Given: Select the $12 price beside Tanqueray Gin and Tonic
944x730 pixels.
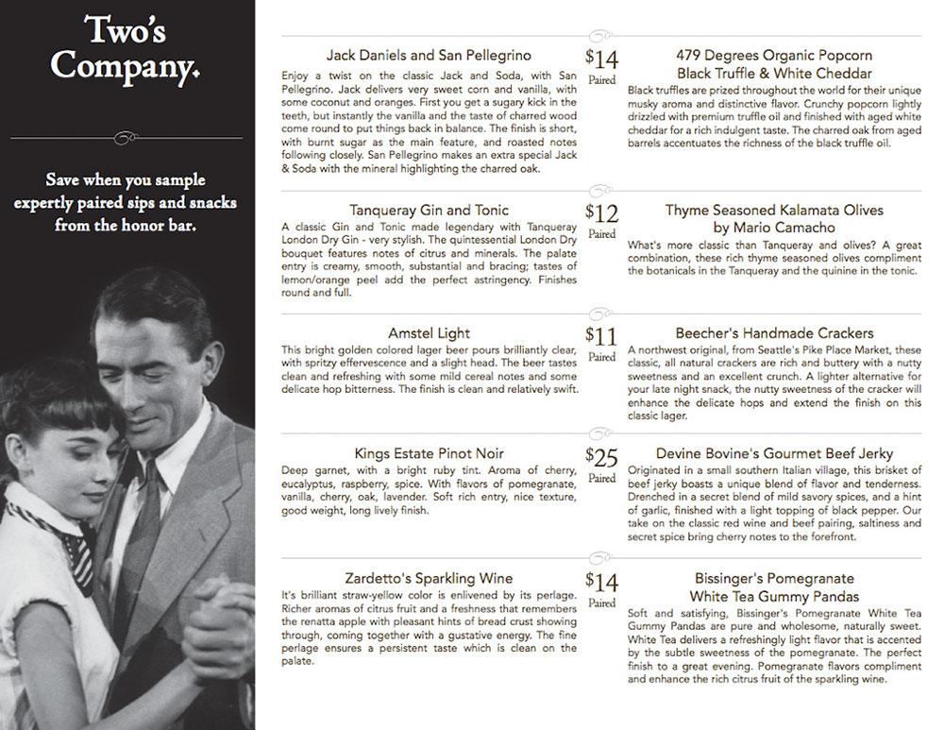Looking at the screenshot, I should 601,213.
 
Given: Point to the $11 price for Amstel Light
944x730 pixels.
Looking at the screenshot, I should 601,337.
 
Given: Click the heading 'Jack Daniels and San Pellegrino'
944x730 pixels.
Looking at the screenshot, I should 429,56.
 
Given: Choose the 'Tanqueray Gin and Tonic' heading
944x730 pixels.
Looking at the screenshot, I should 429,210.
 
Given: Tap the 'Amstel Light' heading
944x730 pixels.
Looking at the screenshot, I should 429,333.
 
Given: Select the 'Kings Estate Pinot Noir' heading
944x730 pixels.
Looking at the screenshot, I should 429,454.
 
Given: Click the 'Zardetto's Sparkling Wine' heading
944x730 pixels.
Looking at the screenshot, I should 429,578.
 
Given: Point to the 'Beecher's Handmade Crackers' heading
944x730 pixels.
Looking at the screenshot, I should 774,333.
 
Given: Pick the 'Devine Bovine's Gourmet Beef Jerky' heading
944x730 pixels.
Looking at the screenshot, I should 774,454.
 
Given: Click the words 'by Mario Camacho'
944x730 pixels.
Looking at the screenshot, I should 774,228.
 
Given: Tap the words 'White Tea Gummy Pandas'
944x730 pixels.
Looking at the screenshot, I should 774,597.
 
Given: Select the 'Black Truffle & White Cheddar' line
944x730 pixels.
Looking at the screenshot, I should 774,74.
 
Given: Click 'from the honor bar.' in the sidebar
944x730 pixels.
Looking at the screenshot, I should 126,226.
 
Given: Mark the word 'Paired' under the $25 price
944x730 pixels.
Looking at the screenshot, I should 601,478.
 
